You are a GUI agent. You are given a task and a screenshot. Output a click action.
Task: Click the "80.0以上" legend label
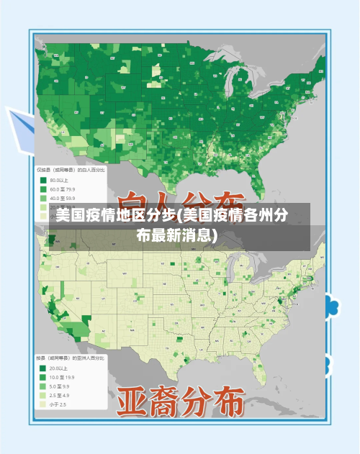[x=59, y=181]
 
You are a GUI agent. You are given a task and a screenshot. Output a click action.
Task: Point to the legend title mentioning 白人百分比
[x=71, y=170]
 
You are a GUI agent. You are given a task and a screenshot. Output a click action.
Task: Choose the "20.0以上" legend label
[x=59, y=368]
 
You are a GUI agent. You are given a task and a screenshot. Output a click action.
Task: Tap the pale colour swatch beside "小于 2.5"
[x=42, y=404]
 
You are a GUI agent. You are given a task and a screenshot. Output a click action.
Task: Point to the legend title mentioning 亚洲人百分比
[x=71, y=357]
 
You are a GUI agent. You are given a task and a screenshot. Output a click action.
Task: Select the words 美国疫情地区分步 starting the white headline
[x=116, y=216]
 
